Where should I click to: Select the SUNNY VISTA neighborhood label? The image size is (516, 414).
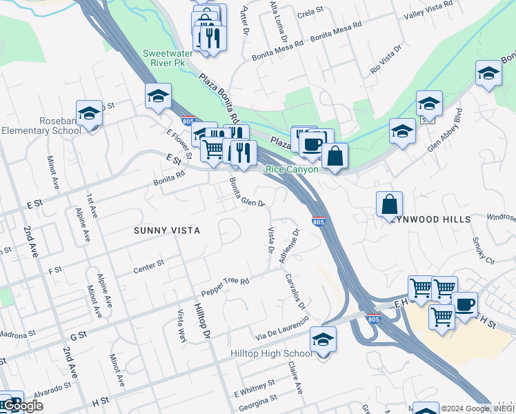[x=167, y=230]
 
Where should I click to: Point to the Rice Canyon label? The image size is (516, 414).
[x=292, y=170]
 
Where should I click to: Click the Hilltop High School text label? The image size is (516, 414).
[x=271, y=355]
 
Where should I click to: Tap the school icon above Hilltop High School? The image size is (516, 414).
[x=322, y=340]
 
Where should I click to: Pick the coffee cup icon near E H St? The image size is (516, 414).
[x=464, y=304]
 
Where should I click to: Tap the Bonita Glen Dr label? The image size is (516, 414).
[x=247, y=191]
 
